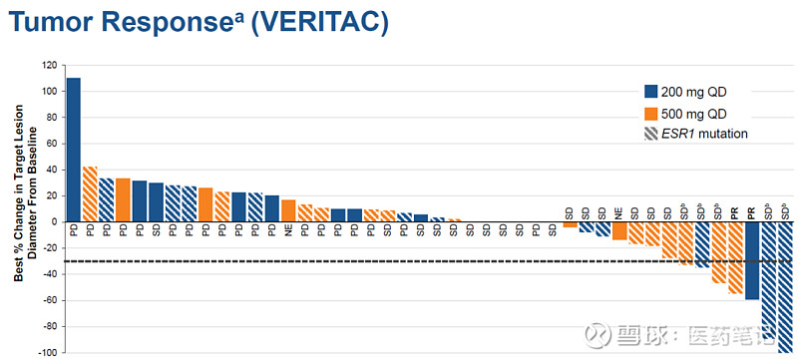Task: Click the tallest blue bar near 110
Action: click(x=73, y=150)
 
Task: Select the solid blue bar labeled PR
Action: click(x=752, y=260)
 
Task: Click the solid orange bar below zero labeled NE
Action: click(x=619, y=230)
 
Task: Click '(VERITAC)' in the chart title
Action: click(x=315, y=21)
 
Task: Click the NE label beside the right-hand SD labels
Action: click(x=619, y=213)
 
